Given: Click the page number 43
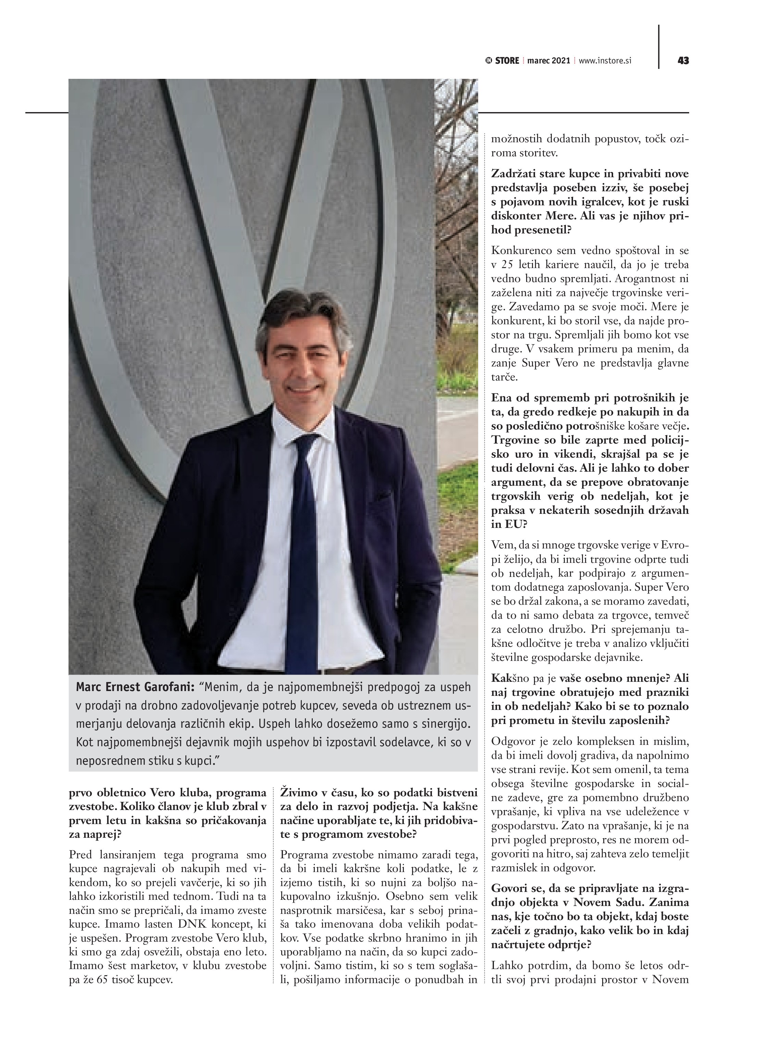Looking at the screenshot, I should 683,60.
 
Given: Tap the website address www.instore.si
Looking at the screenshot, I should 605,60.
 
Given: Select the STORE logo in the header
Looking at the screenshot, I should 503,60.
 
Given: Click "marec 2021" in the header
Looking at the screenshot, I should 548,60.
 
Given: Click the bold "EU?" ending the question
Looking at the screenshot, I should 515,524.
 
